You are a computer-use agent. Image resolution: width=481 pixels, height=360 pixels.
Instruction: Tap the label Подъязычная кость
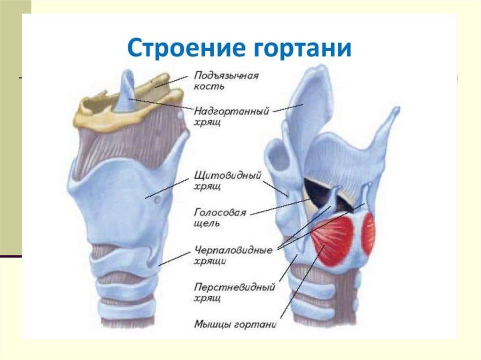click(x=226, y=80)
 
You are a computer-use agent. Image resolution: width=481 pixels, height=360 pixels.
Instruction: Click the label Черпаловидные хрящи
click(x=233, y=255)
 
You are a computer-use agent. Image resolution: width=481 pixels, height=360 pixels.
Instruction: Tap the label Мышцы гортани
click(x=235, y=324)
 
